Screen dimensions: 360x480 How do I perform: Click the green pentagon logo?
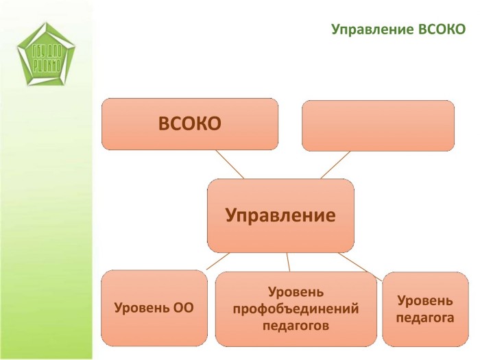point(46,55)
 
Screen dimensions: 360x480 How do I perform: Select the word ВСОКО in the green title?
point(442,29)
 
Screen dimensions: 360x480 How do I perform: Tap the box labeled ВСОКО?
point(190,123)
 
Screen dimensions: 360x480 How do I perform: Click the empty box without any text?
point(378,125)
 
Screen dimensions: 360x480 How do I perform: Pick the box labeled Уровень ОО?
point(154,308)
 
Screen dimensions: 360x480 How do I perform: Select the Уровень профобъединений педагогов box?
point(296,309)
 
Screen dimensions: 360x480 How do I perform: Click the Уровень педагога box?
point(425,309)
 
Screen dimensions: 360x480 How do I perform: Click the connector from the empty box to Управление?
point(335,165)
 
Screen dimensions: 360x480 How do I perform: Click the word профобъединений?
point(296,309)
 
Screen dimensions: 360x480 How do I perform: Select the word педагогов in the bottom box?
point(296,325)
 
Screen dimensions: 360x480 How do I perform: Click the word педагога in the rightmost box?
point(425,317)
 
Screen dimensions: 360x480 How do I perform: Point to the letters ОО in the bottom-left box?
point(184,308)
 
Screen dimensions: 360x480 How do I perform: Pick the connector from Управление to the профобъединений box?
point(288,262)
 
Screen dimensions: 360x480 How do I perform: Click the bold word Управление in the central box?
point(280,216)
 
